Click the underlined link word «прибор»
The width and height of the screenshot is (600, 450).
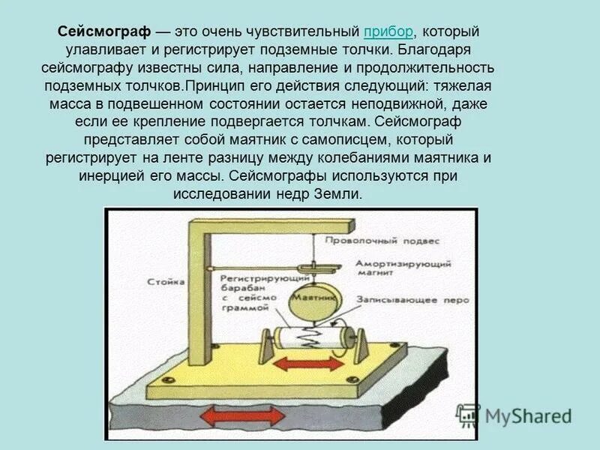pyautogui.click(x=388, y=32)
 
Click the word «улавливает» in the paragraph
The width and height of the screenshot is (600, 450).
pyautogui.click(x=124, y=51)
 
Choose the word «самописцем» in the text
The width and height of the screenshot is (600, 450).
pyautogui.click(x=367, y=141)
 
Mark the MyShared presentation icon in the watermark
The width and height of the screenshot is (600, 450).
pyautogui.click(x=469, y=415)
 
